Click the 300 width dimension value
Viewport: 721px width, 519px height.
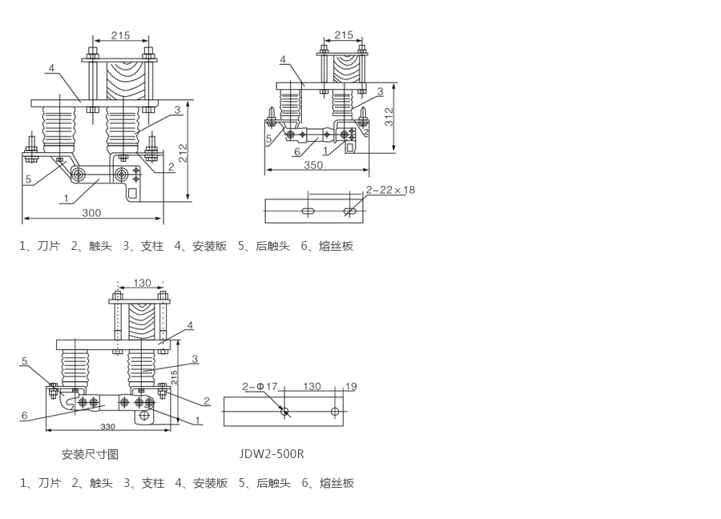[x=91, y=213]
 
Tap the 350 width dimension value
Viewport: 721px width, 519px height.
[x=313, y=165]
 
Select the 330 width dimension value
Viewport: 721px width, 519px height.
[x=107, y=427]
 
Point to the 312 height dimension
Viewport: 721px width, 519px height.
[x=389, y=117]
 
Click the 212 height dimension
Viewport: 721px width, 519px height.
[x=183, y=153]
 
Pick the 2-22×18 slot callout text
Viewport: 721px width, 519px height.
[x=390, y=189]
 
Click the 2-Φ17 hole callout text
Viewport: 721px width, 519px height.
[x=260, y=387]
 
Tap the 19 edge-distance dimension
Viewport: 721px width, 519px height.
[x=351, y=387]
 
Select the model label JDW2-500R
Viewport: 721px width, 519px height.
[x=272, y=454]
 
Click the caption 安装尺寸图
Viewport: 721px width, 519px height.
[x=90, y=455]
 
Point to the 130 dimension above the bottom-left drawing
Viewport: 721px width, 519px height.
[x=142, y=283]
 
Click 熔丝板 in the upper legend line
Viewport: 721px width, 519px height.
[x=336, y=246]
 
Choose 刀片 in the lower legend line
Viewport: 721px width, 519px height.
[x=49, y=483]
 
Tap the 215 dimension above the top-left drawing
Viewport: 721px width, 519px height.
[x=120, y=35]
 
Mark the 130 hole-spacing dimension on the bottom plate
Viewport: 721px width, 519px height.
[x=312, y=387]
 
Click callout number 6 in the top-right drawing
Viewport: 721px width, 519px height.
[x=297, y=151]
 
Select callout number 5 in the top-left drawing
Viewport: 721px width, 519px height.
[x=28, y=179]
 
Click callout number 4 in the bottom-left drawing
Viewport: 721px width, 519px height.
[x=190, y=325]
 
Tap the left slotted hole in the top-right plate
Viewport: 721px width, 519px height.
[x=308, y=211]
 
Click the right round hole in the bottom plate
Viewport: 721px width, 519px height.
[x=335, y=411]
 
